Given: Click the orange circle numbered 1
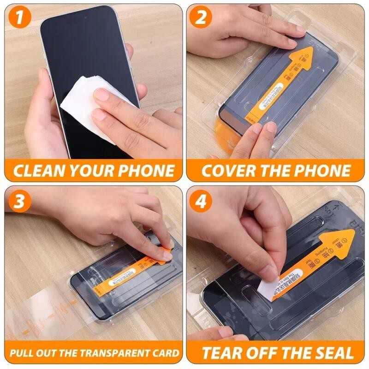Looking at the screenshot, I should point(19,18).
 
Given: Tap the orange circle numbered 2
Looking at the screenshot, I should point(202,18).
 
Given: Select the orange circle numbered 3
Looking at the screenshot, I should point(19,201).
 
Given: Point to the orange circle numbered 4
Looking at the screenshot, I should point(202,201).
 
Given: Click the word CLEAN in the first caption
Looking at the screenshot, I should point(37,171).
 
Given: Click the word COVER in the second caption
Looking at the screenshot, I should point(229,171).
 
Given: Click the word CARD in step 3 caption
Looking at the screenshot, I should point(165,354).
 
